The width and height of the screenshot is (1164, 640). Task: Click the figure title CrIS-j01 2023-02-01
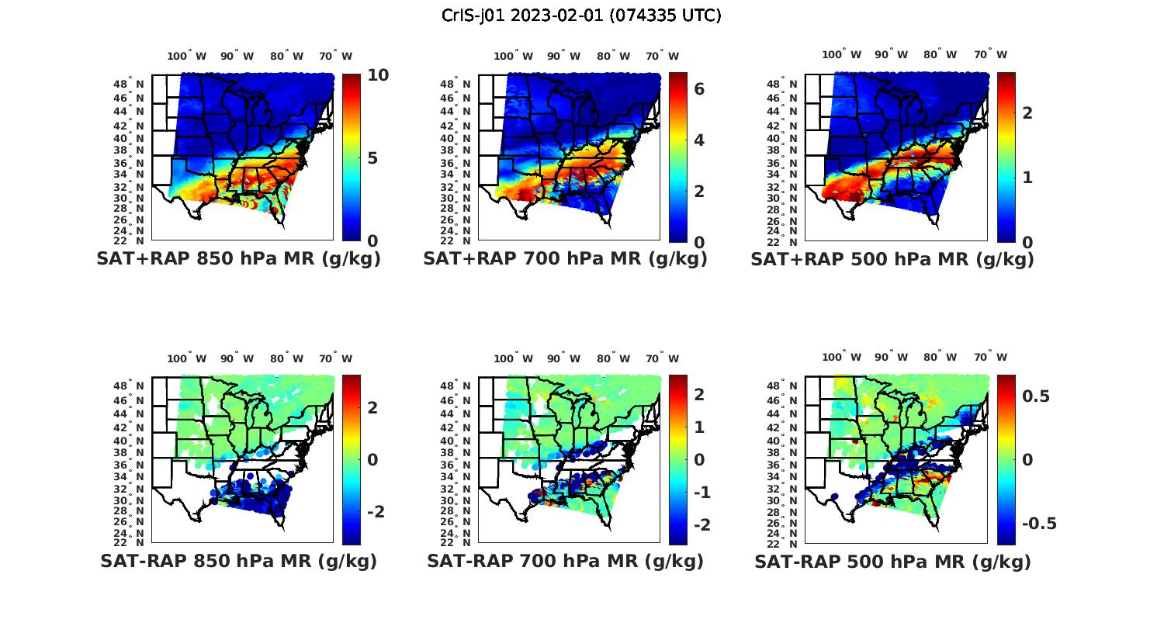581,16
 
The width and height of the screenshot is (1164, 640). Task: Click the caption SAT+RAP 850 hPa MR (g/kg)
238,259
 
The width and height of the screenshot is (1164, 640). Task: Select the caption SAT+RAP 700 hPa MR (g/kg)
565,259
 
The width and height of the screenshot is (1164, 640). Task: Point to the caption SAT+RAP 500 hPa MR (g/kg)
892,259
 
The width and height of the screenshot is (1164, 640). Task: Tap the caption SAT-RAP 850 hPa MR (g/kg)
238,561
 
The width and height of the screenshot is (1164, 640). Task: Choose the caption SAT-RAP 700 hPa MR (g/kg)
565,561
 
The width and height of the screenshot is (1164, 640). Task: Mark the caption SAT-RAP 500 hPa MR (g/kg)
892,561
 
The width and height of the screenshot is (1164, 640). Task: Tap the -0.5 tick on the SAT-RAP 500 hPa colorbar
1039,524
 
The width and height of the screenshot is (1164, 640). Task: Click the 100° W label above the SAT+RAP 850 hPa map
186,56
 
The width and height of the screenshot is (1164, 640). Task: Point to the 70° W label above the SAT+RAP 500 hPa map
990,54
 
